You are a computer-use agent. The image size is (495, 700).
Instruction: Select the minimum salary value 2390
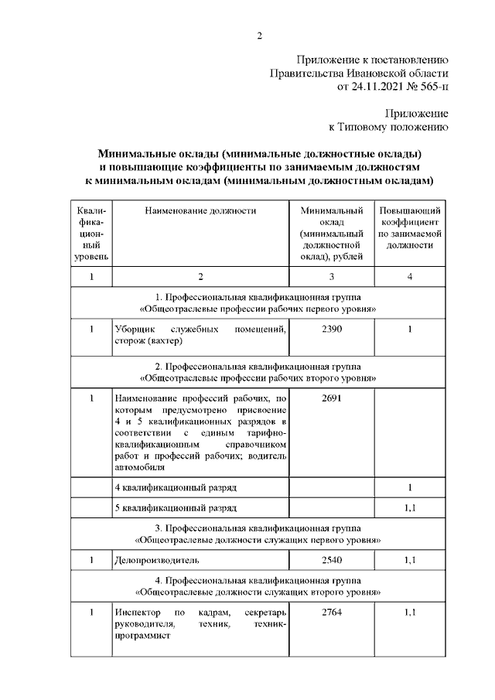(330, 330)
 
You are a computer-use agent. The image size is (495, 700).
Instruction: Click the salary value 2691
(330, 398)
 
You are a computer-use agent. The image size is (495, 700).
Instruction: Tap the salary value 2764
(330, 613)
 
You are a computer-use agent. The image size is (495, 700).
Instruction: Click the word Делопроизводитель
(157, 559)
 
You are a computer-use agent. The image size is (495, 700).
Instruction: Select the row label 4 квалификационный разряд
(176, 489)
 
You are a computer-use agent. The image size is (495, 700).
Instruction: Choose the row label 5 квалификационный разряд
(176, 508)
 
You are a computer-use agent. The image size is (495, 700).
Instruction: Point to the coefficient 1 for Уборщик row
(410, 330)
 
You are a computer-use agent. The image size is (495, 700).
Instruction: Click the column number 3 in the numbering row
(330, 277)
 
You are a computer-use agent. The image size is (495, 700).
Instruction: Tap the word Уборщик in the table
(132, 330)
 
